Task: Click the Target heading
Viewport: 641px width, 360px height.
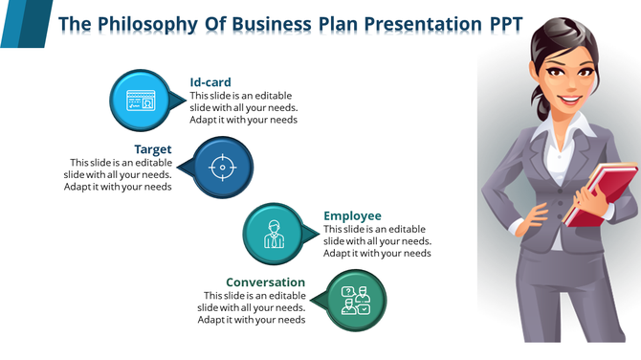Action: [153, 149]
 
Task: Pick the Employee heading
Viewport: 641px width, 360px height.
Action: [352, 215]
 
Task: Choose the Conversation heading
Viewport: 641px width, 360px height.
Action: [265, 282]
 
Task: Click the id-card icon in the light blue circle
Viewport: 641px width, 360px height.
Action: [141, 100]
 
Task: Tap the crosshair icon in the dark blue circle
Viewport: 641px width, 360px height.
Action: [223, 167]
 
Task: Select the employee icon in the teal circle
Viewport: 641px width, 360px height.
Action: [274, 233]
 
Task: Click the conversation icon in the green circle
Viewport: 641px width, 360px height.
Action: [356, 300]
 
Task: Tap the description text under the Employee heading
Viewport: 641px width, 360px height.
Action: [377, 241]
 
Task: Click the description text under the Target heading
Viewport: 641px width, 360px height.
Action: [121, 174]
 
